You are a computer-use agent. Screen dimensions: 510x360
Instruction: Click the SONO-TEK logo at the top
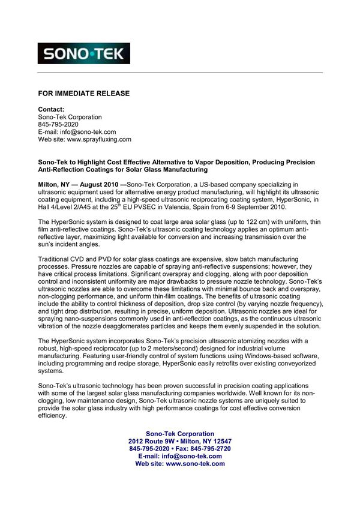83,53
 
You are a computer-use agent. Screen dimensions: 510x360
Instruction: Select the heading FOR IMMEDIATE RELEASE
83,94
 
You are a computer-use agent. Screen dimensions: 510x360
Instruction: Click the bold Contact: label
51,109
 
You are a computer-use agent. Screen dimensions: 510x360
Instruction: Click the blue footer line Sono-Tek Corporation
180,434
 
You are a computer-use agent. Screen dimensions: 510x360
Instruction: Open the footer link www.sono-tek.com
195,463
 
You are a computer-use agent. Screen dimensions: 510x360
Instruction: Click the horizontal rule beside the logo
228,72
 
